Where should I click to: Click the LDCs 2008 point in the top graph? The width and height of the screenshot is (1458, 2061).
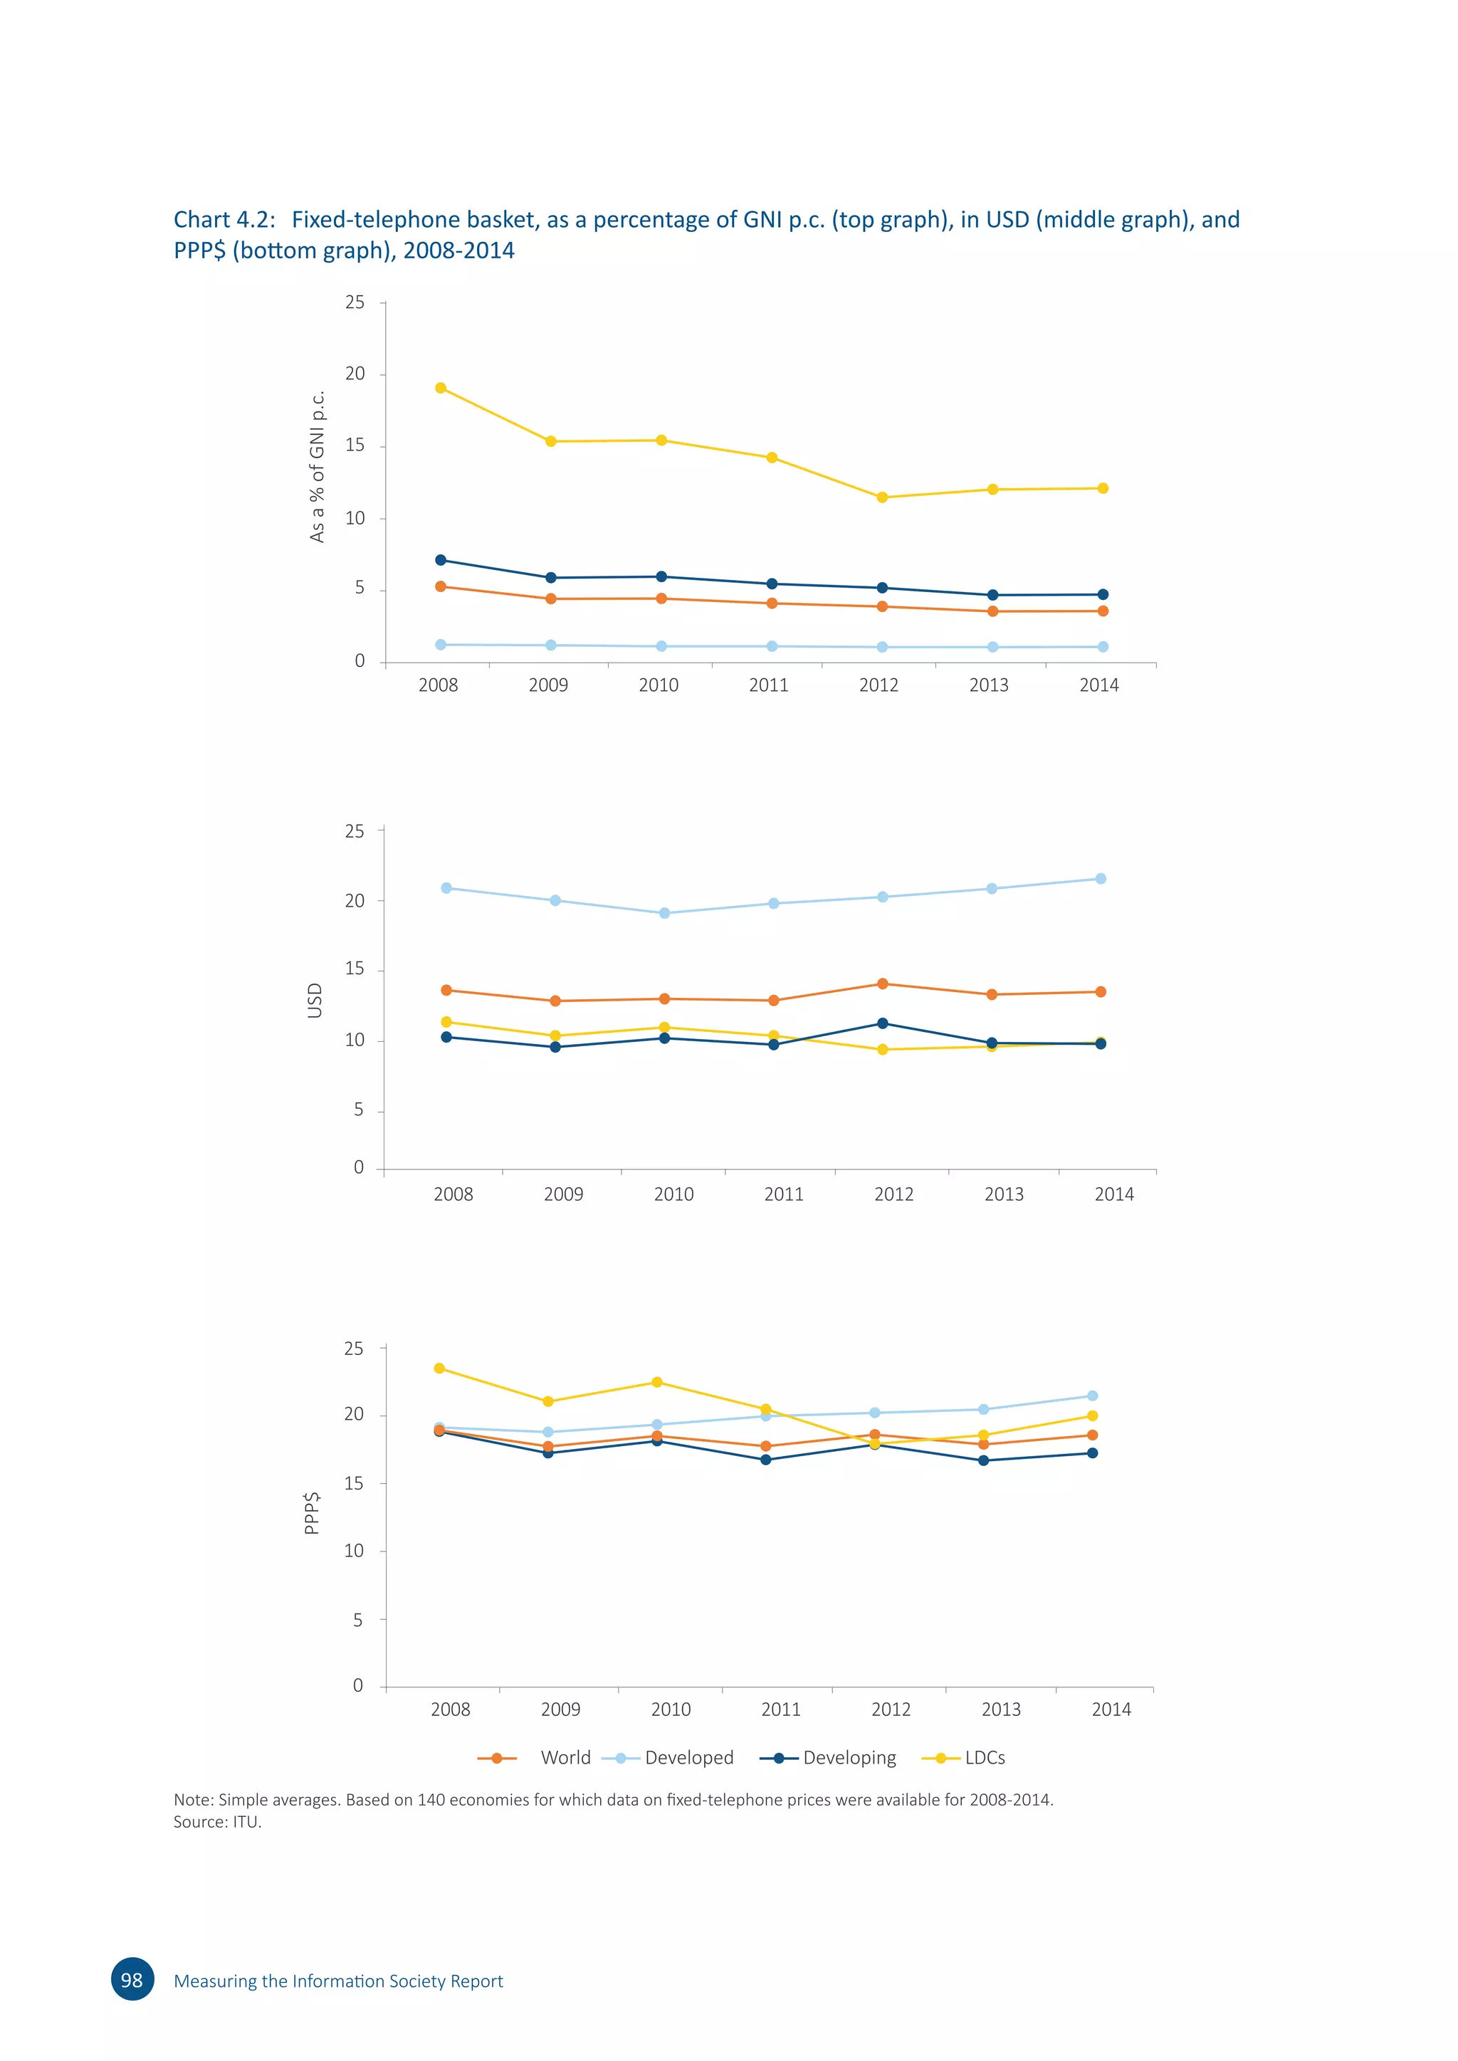(440, 388)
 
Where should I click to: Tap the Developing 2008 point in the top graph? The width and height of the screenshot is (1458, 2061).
(440, 560)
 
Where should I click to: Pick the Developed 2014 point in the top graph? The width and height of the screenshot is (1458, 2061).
(1103, 646)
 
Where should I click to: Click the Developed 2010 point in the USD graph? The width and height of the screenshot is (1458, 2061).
(664, 913)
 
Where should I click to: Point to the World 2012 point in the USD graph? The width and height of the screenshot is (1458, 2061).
(883, 984)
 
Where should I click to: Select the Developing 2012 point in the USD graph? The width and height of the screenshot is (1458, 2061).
(883, 1023)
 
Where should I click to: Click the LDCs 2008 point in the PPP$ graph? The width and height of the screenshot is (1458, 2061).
(439, 1368)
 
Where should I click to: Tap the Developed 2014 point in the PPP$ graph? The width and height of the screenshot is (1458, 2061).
(1093, 1396)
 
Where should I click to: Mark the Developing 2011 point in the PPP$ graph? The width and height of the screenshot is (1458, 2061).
(766, 1460)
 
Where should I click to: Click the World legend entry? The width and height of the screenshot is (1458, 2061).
(565, 1758)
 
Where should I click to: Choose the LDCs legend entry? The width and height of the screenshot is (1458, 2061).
(984, 1758)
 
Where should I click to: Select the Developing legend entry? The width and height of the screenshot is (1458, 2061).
(849, 1758)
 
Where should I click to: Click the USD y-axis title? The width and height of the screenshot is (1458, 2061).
(314, 1000)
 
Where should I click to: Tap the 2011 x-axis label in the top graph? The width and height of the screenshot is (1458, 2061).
(768, 685)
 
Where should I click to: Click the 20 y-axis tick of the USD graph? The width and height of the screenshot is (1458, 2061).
(355, 900)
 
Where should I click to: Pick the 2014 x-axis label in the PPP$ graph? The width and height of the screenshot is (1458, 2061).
(1111, 1709)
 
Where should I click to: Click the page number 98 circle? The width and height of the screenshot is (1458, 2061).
(132, 1979)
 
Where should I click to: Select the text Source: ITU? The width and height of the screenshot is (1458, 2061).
(217, 1821)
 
